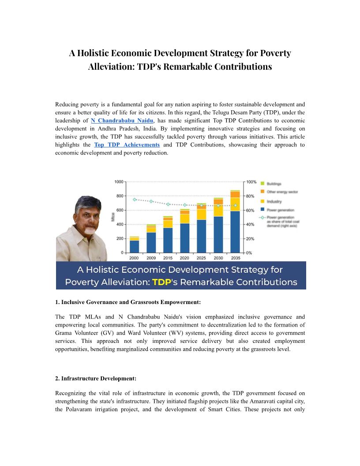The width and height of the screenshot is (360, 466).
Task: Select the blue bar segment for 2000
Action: point(134,247)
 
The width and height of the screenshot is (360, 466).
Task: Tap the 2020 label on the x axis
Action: point(185,258)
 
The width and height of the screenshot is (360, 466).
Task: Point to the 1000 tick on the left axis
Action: point(119,182)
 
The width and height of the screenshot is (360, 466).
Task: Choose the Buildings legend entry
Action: point(274,184)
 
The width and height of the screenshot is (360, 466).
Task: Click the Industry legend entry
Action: point(274,201)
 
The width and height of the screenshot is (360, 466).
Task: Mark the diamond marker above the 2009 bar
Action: point(151,201)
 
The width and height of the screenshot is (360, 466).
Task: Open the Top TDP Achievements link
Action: point(127,145)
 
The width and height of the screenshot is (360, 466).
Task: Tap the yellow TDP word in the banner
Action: point(161,282)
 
